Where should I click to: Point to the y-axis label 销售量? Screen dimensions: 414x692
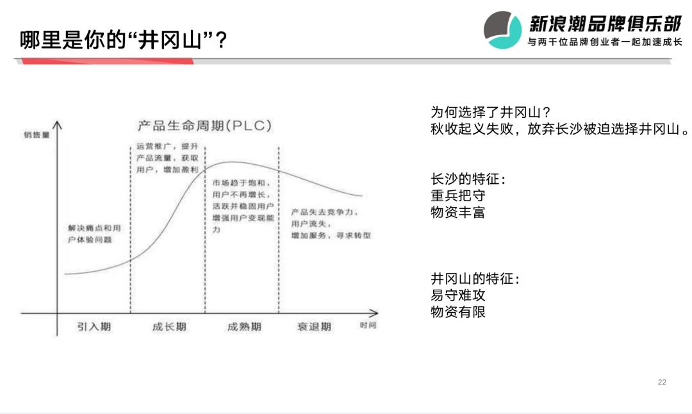pos(37,135)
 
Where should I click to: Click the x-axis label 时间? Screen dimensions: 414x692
pos(368,326)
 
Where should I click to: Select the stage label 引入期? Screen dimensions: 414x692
pos(94,327)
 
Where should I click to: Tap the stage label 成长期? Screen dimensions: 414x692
pos(169,327)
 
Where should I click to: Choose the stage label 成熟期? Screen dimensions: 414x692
pos(244,327)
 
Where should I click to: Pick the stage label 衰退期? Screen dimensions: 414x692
pos(314,327)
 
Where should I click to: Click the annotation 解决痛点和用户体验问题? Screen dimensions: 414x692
pos(94,234)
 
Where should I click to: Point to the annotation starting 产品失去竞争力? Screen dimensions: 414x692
pos(329,224)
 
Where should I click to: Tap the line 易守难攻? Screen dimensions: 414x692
pos(458,296)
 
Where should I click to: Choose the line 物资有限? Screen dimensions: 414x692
pos(458,312)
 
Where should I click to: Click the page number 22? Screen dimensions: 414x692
pos(662,383)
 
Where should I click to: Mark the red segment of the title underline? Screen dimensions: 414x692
pos(106,62)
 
